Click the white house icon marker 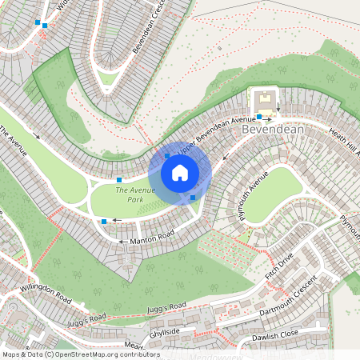point(180,173)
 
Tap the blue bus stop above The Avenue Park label point(118,178)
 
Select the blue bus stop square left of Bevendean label point(259,117)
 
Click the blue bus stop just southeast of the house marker point(193,197)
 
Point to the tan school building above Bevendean point(265,101)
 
